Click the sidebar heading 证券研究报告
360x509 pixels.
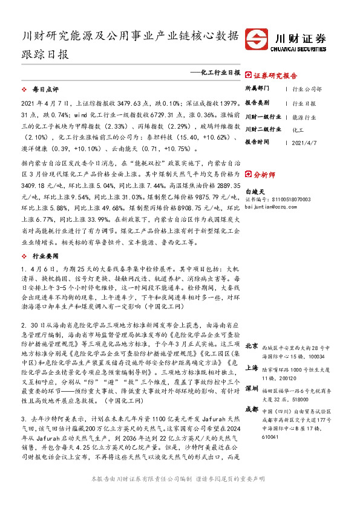275,77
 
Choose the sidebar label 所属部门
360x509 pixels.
258,89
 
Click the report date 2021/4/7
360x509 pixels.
304,143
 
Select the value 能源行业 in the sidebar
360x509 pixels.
304,116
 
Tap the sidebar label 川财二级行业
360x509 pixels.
263,129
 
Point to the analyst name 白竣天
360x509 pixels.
256,190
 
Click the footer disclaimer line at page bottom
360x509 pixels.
177,494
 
